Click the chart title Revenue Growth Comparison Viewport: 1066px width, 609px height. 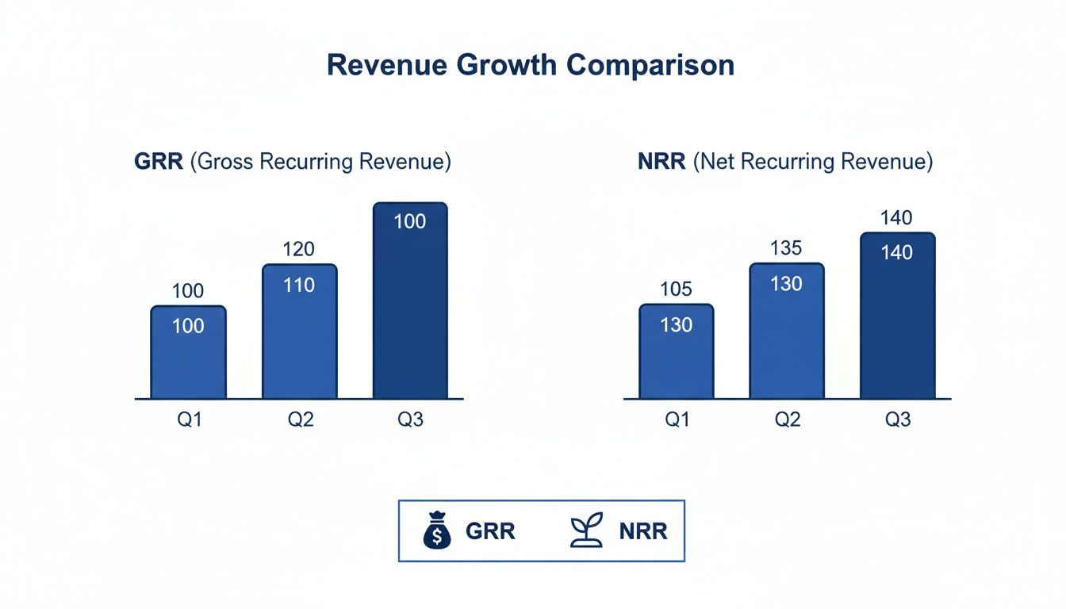[x=530, y=66]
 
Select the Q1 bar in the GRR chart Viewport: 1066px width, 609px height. [x=188, y=353]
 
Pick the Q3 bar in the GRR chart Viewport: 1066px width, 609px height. [x=410, y=301]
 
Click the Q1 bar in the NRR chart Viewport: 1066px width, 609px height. [x=676, y=352]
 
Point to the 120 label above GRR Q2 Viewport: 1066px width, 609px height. [x=299, y=250]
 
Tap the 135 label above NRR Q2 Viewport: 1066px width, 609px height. [x=787, y=248]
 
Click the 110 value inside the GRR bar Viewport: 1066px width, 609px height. [x=299, y=285]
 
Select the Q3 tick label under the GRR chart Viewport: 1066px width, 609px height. [x=410, y=419]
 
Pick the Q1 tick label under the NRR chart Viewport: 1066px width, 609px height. [x=677, y=419]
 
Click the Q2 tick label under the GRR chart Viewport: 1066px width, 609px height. [x=300, y=419]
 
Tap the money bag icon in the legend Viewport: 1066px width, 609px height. [x=436, y=530]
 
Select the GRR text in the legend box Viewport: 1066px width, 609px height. [x=490, y=531]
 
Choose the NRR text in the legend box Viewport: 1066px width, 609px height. [x=642, y=531]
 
